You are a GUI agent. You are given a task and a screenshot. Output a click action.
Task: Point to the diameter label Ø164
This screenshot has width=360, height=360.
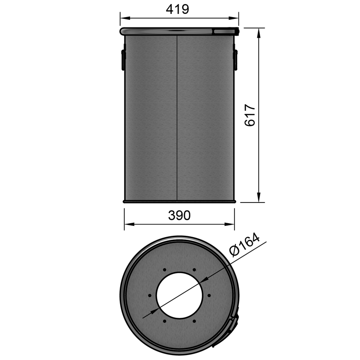click(x=245, y=247)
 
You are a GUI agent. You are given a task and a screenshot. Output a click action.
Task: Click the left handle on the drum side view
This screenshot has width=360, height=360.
click(x=122, y=59)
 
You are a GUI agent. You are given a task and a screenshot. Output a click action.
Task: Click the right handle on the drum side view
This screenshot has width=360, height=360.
click(x=235, y=59)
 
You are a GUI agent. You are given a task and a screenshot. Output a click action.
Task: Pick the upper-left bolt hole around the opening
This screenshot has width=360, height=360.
click(x=165, y=270)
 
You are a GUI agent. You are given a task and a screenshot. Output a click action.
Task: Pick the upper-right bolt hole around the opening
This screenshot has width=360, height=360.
click(x=194, y=270)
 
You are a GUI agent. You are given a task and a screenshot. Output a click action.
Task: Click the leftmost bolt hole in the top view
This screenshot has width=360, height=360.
click(x=150, y=295)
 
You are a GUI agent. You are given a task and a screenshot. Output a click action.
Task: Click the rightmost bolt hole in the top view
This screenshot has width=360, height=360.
click(x=209, y=295)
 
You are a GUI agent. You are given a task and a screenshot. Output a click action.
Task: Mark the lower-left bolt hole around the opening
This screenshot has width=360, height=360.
click(x=165, y=321)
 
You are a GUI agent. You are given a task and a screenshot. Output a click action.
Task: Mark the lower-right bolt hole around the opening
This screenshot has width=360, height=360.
click(x=194, y=321)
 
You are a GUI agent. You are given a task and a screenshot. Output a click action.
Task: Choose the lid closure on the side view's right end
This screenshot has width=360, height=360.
click(x=225, y=31)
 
